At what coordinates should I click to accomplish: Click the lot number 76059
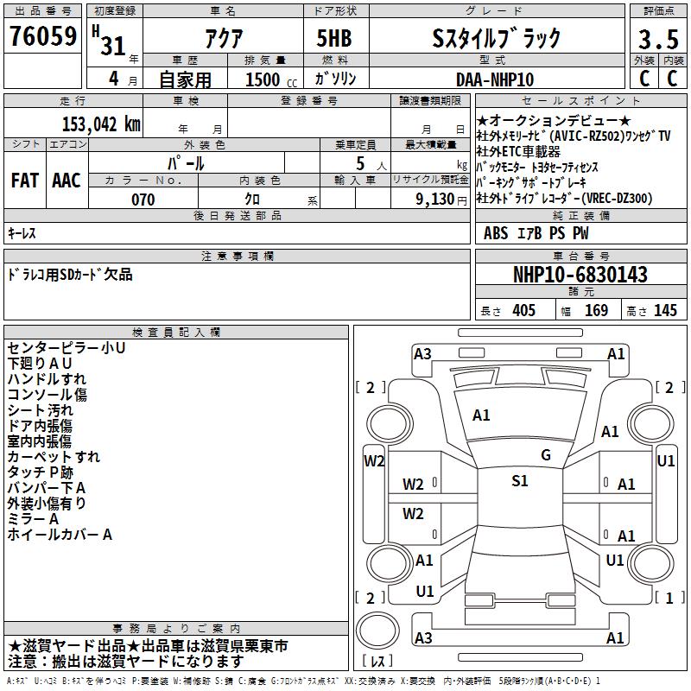click(42, 36)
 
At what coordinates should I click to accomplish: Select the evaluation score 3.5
click(658, 39)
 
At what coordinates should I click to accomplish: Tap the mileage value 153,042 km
click(101, 124)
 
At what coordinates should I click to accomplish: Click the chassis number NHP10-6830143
click(580, 275)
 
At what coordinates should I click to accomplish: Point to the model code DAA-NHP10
click(495, 79)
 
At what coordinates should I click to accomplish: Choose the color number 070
click(143, 200)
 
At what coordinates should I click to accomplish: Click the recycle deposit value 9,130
click(435, 200)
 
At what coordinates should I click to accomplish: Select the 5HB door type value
click(334, 38)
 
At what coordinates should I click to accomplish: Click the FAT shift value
click(24, 181)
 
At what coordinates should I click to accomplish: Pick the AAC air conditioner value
click(67, 181)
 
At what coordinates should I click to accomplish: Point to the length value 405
click(524, 310)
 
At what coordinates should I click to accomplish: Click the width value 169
click(596, 310)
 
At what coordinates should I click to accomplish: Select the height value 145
click(665, 310)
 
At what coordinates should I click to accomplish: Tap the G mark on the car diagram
click(546, 455)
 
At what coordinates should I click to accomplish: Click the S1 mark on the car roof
click(520, 481)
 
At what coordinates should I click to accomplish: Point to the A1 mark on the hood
click(481, 415)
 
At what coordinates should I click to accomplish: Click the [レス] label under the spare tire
click(377, 661)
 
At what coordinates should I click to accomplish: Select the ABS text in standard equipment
click(496, 233)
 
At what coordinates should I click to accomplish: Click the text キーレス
click(22, 233)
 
